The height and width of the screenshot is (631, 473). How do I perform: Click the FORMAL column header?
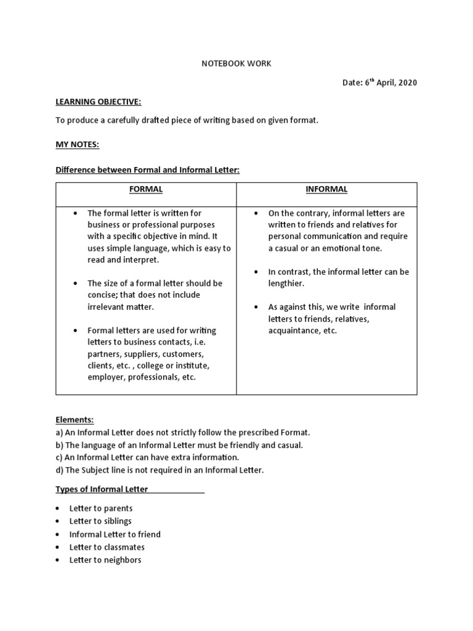pos(146,189)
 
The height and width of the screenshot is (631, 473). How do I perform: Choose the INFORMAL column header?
pos(326,189)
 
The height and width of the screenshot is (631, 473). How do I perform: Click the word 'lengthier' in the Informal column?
pos(286,283)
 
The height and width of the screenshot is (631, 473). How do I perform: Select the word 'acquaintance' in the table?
pos(293,330)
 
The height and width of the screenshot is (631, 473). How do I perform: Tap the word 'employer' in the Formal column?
pos(106,377)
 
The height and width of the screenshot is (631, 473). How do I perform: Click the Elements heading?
pos(75,420)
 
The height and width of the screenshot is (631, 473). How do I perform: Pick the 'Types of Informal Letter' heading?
pos(102,489)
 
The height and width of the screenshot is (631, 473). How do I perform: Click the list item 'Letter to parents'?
pos(101,508)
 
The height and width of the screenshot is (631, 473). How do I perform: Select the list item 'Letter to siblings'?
pos(100,521)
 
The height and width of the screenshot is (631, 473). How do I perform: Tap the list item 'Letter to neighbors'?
pos(105,560)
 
